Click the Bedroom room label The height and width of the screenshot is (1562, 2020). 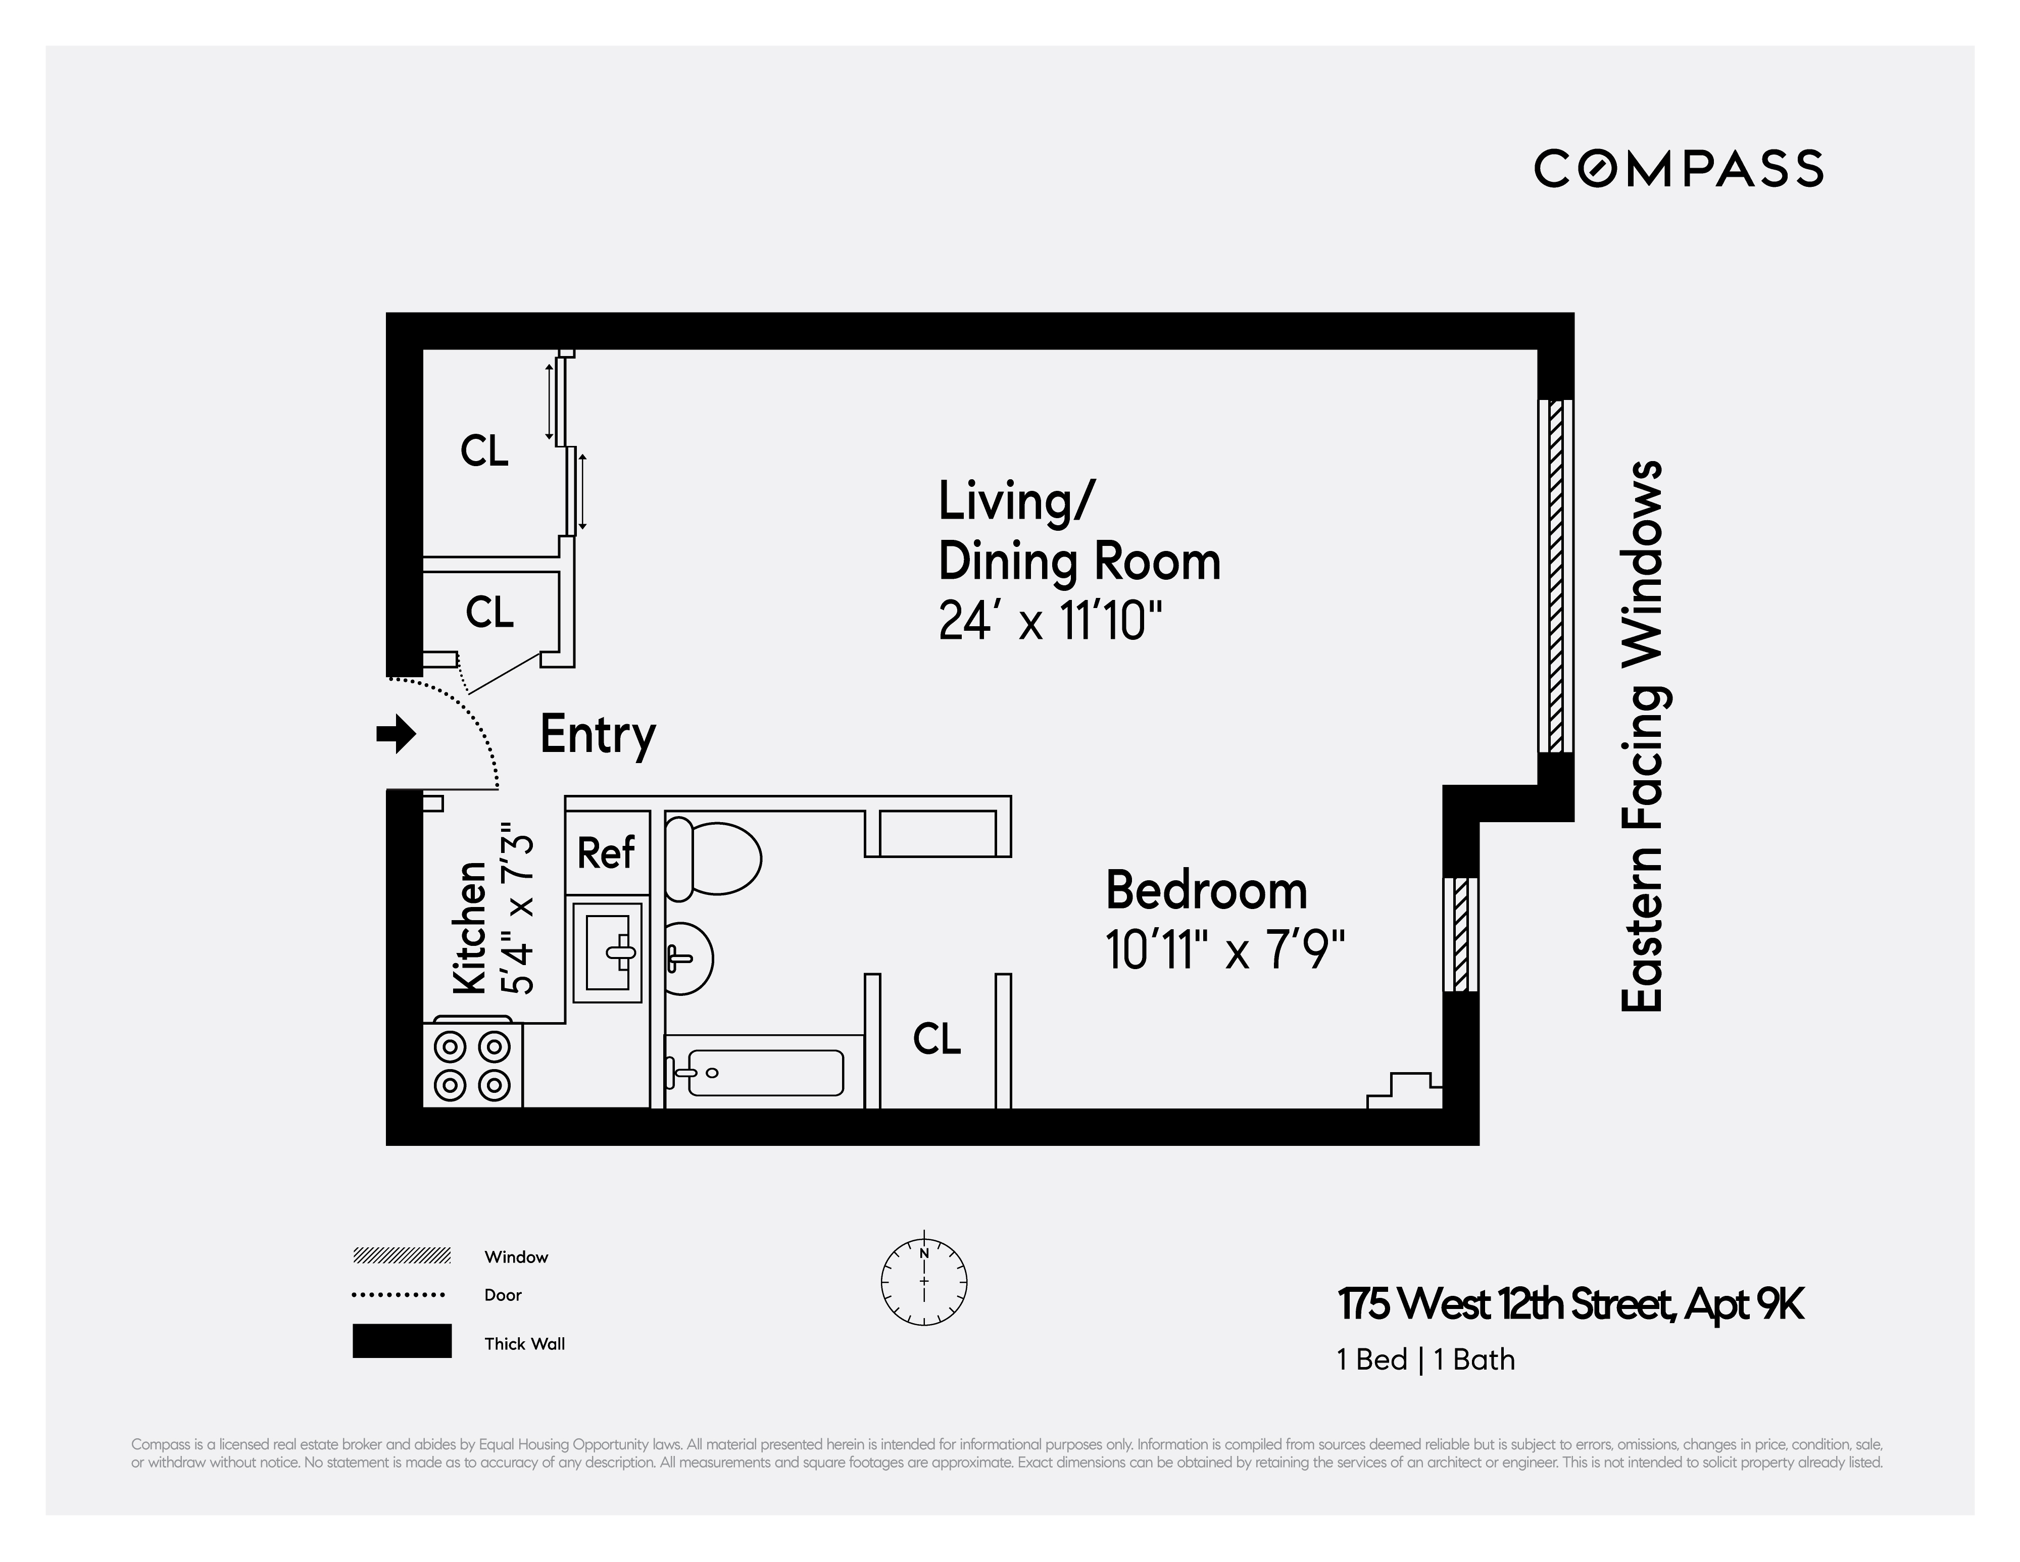(x=1206, y=891)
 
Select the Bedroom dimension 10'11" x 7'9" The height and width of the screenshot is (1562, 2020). (x=1224, y=950)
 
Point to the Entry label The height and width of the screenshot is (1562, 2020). (x=598, y=735)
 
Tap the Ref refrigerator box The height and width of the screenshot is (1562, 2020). (x=607, y=852)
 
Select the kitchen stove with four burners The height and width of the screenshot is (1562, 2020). (x=473, y=1066)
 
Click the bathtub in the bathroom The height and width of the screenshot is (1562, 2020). (x=764, y=1073)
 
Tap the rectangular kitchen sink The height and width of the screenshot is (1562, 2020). (x=608, y=952)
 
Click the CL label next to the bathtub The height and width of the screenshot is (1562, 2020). (x=937, y=1039)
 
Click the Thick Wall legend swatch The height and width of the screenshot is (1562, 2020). (x=402, y=1341)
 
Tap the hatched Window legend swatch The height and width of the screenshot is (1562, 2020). (x=402, y=1255)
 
